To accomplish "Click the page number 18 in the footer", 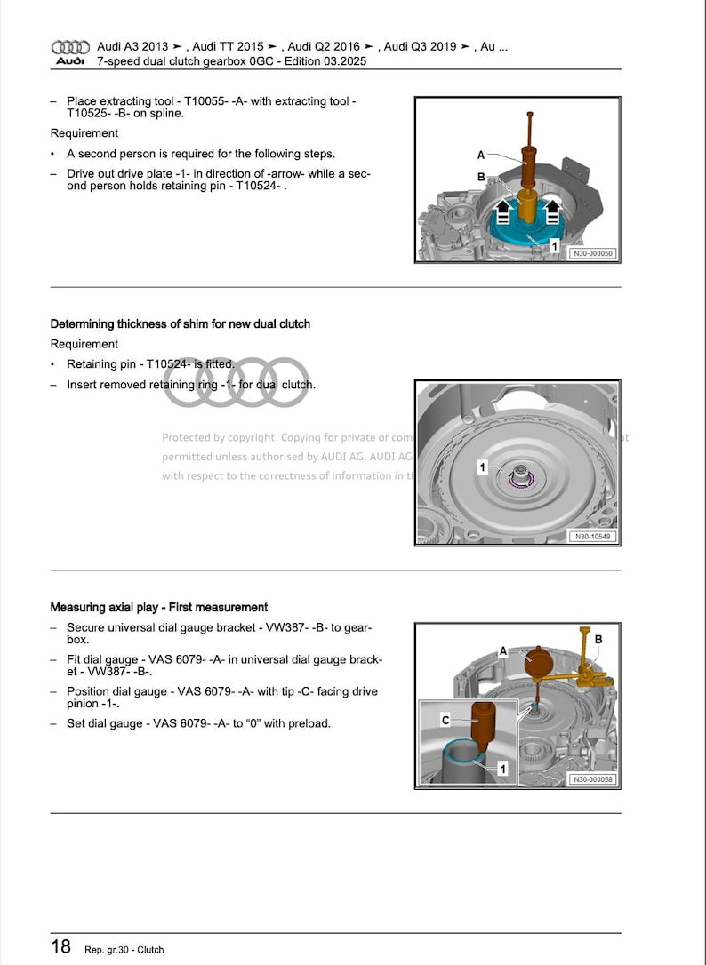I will click(x=60, y=946).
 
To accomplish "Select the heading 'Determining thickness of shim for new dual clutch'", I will click(x=180, y=324).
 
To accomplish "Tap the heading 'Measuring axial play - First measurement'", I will click(x=158, y=608).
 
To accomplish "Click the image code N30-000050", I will click(x=592, y=253).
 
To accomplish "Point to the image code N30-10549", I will click(x=592, y=537).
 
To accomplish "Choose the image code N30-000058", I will click(x=592, y=779).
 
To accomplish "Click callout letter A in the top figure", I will click(x=481, y=156).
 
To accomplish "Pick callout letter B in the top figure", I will click(x=481, y=177).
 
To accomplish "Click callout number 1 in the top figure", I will click(x=554, y=243).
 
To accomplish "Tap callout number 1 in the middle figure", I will click(x=483, y=467).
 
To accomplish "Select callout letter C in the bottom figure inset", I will click(x=445, y=720).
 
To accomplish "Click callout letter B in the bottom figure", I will click(x=598, y=639).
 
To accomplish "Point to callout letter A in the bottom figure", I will click(x=503, y=651).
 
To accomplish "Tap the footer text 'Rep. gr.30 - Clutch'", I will click(x=124, y=949).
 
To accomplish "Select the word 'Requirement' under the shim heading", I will click(x=84, y=344).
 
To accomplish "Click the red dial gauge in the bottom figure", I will click(x=539, y=663).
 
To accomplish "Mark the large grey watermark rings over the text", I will click(x=237, y=382).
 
